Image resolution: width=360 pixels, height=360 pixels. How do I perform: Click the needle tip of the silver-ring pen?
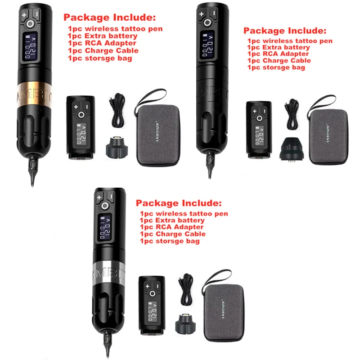[107, 355]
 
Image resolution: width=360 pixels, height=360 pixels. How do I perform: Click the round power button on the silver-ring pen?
[105, 206]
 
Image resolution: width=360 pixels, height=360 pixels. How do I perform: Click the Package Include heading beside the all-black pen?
[284, 31]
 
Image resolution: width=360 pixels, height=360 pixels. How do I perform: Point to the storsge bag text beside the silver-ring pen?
[169, 241]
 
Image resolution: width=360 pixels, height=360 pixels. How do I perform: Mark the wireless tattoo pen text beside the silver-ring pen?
[183, 213]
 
